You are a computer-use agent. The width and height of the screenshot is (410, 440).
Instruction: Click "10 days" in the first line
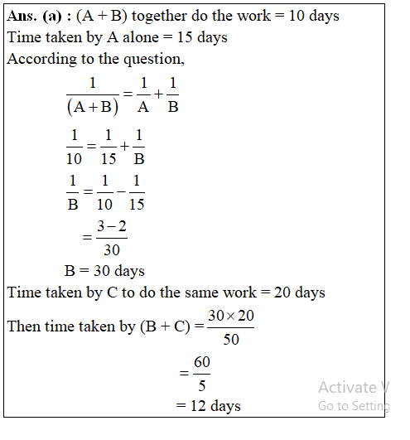point(313,16)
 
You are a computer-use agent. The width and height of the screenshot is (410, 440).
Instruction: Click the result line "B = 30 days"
point(104,271)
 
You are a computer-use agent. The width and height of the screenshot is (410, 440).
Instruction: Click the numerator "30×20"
point(230,316)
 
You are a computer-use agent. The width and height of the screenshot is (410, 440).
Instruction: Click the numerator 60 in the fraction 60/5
point(202,363)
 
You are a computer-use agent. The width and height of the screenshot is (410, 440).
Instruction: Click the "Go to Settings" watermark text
point(354,406)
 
